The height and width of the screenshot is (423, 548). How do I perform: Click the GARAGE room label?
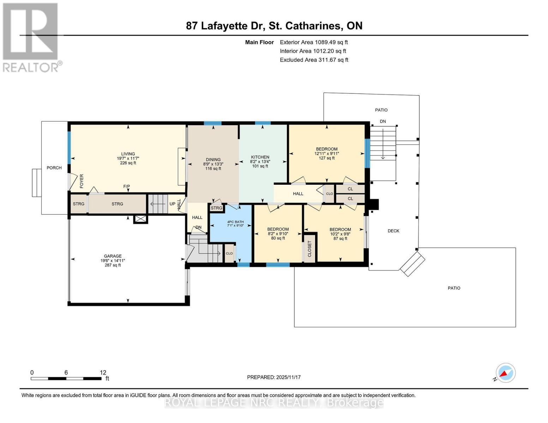tap(113, 256)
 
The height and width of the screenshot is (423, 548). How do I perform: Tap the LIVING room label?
tap(128, 154)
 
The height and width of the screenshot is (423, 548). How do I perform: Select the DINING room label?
tap(213, 159)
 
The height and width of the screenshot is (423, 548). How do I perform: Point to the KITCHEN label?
tap(260, 157)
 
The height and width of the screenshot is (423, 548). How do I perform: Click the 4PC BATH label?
tap(235, 222)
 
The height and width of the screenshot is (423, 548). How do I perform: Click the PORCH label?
tap(54, 168)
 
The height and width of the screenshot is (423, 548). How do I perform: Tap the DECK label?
tap(393, 231)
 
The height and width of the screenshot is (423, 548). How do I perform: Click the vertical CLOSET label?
tap(310, 249)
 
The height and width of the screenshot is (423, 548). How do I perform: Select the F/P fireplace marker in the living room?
tap(126, 186)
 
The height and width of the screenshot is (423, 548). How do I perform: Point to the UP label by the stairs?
tap(172, 204)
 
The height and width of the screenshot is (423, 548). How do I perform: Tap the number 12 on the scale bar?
tap(103, 373)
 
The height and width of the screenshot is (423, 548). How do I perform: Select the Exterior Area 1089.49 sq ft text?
tap(314, 42)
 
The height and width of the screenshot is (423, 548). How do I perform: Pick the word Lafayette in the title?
tap(224, 26)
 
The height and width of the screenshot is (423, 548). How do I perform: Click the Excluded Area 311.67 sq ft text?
tap(314, 60)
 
